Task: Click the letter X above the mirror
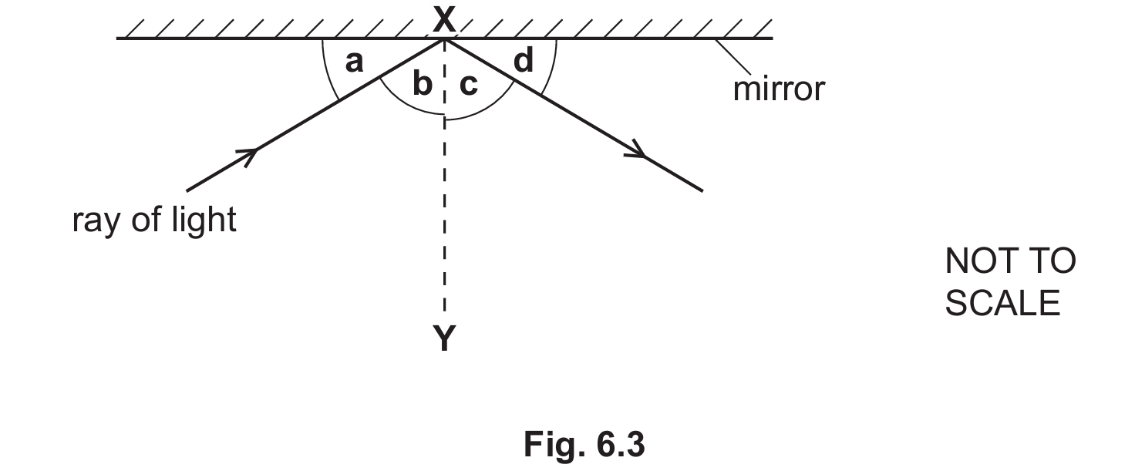[444, 19]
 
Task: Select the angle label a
[355, 62]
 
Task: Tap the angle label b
[423, 83]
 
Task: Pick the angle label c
[469, 85]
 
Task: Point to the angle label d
[524, 61]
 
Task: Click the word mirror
[779, 89]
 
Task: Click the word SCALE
[1002, 304]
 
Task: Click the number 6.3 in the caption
[620, 445]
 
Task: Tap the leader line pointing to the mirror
[733, 57]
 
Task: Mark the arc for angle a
[327, 70]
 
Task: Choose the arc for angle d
[552, 69]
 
